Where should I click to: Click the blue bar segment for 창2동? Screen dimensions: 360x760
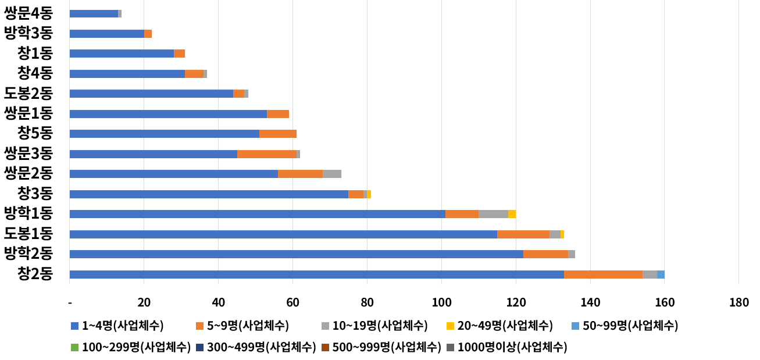coord(316,275)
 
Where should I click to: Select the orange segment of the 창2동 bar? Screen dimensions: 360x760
coord(603,275)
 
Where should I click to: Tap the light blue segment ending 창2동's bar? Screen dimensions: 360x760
coord(661,275)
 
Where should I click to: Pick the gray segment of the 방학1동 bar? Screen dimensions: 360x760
coord(493,214)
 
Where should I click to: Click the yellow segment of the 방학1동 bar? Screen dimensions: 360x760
coord(512,214)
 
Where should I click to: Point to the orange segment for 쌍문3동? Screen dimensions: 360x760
coord(266,154)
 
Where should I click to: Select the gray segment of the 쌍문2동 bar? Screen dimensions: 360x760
coord(332,174)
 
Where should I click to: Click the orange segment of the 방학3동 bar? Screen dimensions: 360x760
coord(148,34)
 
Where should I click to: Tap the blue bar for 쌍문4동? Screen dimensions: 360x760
coord(94,13)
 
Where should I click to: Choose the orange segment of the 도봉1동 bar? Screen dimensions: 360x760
coord(523,234)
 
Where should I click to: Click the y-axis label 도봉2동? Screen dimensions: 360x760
coord(28,93)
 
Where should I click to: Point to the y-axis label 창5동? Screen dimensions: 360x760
coord(35,133)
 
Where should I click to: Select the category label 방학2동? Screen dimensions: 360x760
coord(28,254)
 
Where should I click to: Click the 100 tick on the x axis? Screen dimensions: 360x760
coord(441,302)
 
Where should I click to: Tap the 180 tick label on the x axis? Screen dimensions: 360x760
coord(738,302)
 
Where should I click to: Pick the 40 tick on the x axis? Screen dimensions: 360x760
coord(218,302)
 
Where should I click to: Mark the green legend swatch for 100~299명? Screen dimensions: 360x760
coord(74,348)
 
